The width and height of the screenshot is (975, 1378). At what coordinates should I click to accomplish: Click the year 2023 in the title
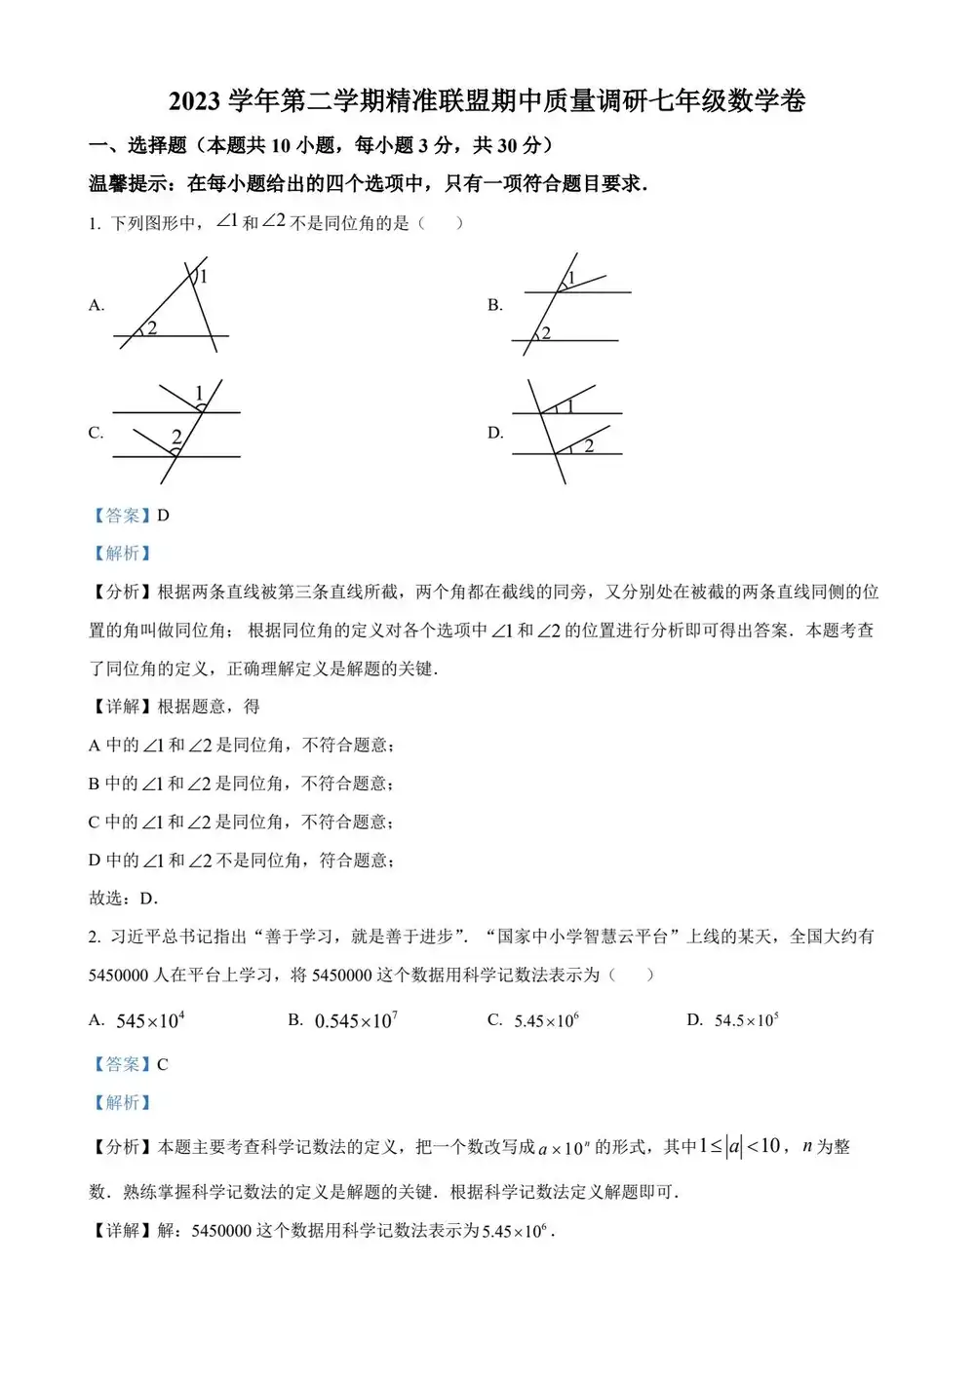point(195,101)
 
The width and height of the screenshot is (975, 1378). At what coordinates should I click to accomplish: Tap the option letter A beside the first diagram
point(96,305)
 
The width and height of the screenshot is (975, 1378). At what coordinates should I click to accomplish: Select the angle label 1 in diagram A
point(204,277)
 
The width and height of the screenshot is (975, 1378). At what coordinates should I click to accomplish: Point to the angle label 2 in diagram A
point(152,328)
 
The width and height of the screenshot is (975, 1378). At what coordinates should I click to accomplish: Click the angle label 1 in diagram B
point(571,280)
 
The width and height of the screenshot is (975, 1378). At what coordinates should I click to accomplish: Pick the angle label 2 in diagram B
point(546,333)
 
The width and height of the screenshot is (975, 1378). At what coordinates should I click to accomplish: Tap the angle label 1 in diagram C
point(199,393)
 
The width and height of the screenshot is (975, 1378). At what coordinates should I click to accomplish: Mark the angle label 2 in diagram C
point(176,437)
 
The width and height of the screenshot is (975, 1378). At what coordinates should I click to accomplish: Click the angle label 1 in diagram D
point(570,406)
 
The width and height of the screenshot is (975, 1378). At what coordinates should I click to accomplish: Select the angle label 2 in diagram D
point(589,446)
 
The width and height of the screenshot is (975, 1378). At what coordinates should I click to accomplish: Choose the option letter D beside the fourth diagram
point(495,433)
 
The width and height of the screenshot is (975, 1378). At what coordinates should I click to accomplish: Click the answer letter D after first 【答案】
point(163,516)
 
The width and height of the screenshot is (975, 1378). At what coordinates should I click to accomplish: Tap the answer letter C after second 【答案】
point(163,1064)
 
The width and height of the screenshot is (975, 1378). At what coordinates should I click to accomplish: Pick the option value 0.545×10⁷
point(356,1020)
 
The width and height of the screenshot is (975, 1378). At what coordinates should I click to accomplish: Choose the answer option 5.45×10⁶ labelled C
point(546,1020)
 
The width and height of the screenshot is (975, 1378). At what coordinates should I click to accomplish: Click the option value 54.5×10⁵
point(746,1020)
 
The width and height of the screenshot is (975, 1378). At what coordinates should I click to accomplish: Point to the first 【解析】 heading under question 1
point(122,554)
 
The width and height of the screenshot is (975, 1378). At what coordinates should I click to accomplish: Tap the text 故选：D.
point(123,899)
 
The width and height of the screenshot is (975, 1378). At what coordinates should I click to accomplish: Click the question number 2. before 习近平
point(95,937)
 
